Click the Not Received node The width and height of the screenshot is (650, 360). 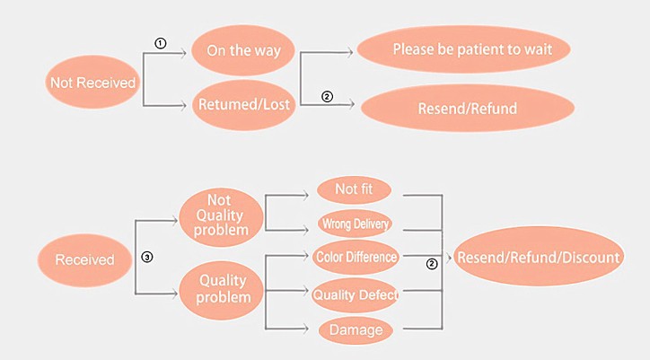pos(93,83)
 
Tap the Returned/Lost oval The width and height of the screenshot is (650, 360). pos(242,104)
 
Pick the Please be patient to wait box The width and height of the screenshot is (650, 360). pos(466,48)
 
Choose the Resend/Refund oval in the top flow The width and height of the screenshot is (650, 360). pos(467,110)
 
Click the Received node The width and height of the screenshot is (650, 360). pos(85,259)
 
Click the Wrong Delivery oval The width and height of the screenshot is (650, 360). pos(355,224)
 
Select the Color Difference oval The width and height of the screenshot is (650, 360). pos(356,257)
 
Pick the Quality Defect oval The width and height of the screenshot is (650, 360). pos(356,294)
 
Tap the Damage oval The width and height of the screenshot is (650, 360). pos(356,329)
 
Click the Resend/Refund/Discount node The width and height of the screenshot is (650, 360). pos(538,258)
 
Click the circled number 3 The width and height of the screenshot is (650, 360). pos(147,257)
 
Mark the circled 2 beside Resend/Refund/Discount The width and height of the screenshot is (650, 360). pos(432,264)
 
